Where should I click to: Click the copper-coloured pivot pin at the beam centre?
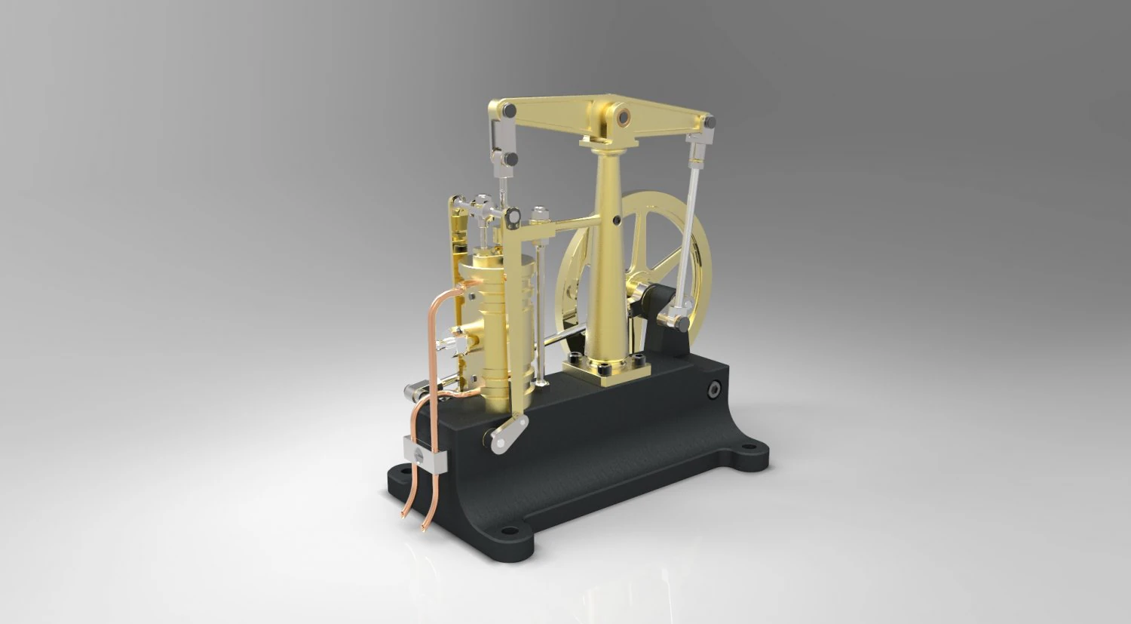624,116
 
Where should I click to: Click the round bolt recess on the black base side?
713,388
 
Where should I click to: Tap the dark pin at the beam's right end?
708,121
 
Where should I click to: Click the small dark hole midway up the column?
618,221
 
